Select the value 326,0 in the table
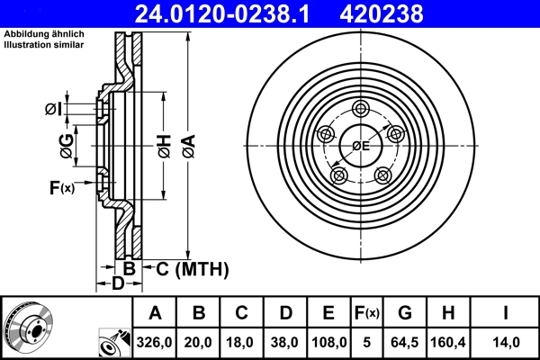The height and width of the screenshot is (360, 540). [155, 343]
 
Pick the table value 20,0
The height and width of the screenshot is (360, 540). [199, 343]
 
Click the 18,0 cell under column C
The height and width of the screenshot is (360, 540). [242, 343]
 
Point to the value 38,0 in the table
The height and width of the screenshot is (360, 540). [285, 343]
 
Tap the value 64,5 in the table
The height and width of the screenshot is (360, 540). [405, 343]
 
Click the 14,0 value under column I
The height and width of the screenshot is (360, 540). [506, 343]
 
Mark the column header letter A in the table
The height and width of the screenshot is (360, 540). [155, 313]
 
